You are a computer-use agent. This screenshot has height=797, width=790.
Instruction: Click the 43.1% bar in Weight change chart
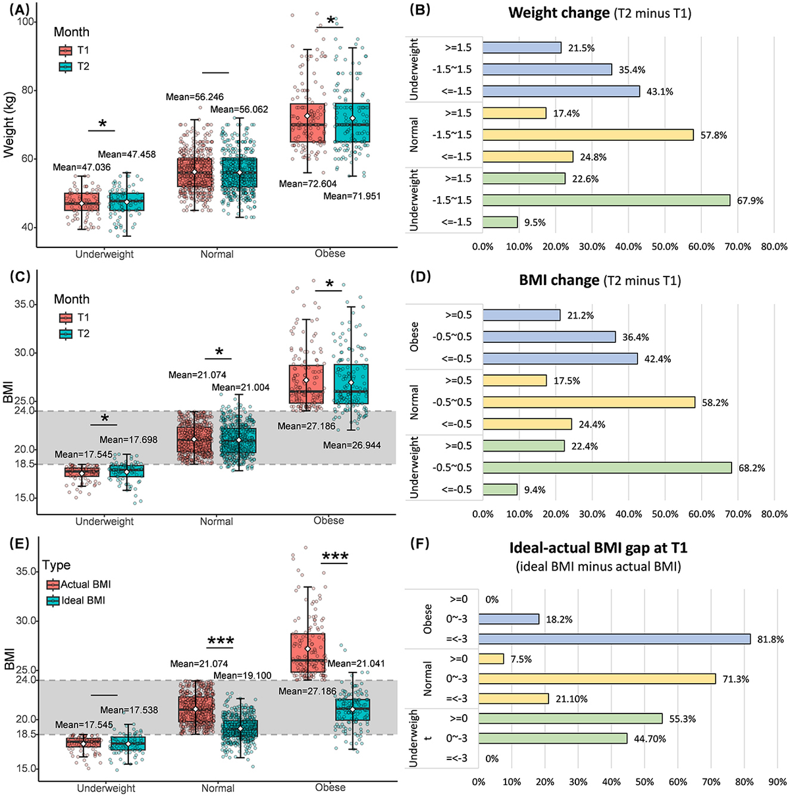coord(561,91)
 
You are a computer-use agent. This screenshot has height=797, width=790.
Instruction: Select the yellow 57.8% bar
coord(588,135)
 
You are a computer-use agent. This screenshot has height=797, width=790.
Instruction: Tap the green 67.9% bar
coord(606,200)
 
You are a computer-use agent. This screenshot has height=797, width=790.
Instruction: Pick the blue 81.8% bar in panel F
coord(614,639)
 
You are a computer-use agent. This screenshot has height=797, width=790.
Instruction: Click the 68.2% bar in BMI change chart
coord(607,467)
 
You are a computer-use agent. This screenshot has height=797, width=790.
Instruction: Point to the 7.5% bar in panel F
coord(491,659)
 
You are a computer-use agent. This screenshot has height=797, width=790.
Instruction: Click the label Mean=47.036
coord(82,167)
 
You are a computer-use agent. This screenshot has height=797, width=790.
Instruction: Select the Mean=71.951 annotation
coord(352,196)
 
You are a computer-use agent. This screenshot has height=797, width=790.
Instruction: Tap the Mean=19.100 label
coord(242,675)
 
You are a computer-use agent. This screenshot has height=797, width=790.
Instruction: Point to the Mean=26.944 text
coord(352,446)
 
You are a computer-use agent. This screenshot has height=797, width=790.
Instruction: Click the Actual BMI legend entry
coord(78,584)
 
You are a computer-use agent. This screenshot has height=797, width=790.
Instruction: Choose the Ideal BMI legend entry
coord(76,600)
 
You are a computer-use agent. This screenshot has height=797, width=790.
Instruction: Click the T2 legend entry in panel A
coord(74,66)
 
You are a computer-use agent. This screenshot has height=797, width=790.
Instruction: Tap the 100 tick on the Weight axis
coord(26,22)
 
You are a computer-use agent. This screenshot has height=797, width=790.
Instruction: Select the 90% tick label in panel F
coord(777,782)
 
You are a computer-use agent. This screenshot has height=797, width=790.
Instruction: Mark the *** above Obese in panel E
coord(335,557)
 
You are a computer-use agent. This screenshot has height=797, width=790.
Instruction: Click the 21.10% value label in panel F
coord(571,699)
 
